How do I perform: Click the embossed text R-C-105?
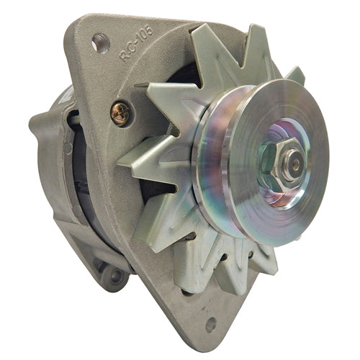[x=136, y=43]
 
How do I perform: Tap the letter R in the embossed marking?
[x=123, y=57]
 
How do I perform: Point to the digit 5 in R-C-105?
[x=149, y=30]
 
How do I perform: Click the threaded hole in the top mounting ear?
[x=101, y=42]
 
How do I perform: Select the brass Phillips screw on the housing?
[x=120, y=114]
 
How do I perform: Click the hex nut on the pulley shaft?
[x=283, y=164]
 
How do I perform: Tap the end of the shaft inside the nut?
[x=295, y=164]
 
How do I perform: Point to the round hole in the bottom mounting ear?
[x=211, y=325]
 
